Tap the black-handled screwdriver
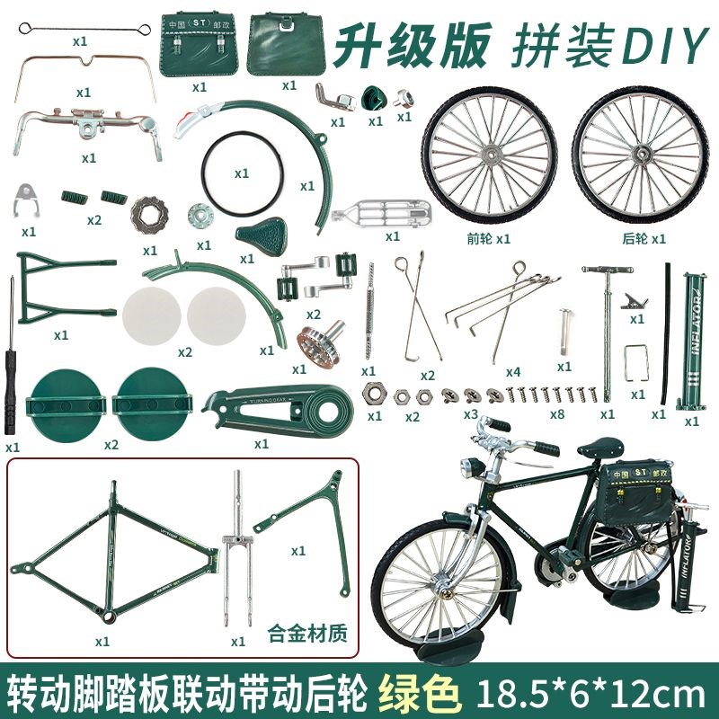pyautogui.click(x=13, y=359)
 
